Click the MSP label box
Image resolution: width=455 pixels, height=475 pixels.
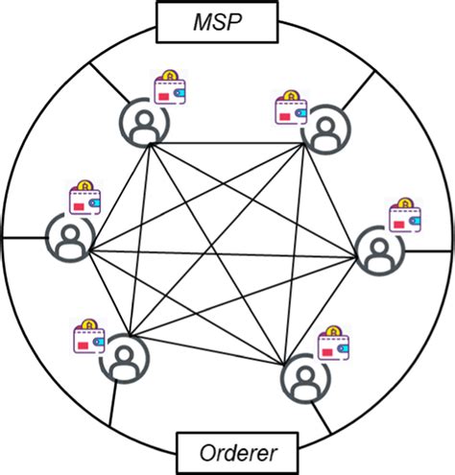coord(227,20)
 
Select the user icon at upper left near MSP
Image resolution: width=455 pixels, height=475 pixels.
coord(142,122)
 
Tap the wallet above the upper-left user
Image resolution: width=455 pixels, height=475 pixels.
coord(171,89)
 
